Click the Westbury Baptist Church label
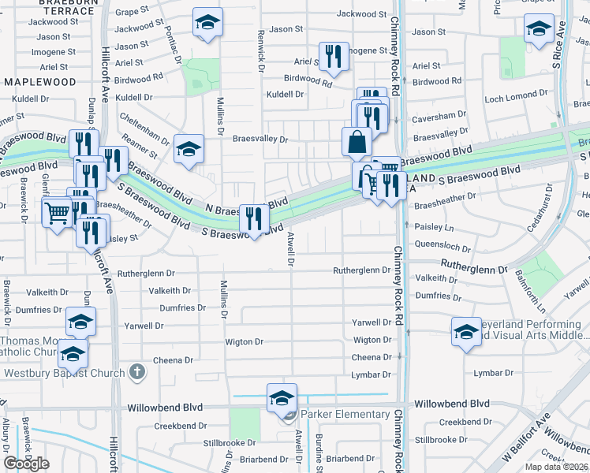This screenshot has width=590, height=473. coord(65,373)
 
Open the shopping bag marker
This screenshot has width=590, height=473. coord(357,142)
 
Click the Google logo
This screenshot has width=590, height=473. coord(26,464)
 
